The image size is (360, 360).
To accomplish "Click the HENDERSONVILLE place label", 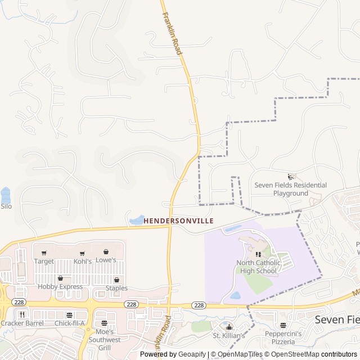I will coord(178,221).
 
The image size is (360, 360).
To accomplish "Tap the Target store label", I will coord(44,261).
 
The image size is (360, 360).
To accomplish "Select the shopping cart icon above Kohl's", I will coord(82,253).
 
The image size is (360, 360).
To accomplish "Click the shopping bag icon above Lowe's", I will coord(106,252).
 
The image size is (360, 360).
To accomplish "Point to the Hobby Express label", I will coord(60,287).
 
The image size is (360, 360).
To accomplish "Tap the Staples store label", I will coord(116,288).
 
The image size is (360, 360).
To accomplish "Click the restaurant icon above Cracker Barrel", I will coord(22,314).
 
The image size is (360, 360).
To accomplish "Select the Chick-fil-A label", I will coord(69,323).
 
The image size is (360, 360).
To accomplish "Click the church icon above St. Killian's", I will coord(229,327).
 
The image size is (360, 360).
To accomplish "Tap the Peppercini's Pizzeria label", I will coord(283,337).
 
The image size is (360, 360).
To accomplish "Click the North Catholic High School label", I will coord(256,267).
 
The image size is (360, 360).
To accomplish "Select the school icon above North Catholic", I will coord(258,254).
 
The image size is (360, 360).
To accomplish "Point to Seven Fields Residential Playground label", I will coord(290,189).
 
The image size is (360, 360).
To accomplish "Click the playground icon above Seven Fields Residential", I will coord(291,177).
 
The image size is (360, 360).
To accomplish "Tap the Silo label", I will coord(6,206).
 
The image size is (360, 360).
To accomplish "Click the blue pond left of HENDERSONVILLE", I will coord(137,219).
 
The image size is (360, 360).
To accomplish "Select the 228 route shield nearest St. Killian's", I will coord(198,304).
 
